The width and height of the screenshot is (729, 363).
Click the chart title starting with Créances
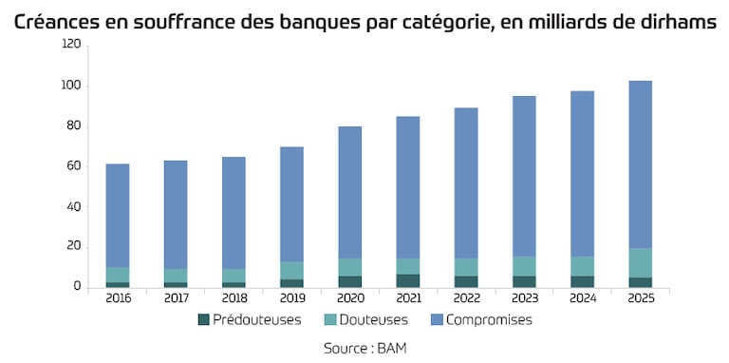pyautogui.click(x=364, y=22)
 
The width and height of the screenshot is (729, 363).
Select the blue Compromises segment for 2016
pyautogui.click(x=118, y=216)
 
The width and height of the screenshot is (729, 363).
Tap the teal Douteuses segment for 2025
pyautogui.click(x=640, y=263)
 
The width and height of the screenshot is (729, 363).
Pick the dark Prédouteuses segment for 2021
pyautogui.click(x=408, y=281)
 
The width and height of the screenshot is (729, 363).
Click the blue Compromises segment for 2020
pyautogui.click(x=349, y=193)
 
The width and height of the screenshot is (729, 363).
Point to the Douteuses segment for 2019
pyautogui.click(x=291, y=271)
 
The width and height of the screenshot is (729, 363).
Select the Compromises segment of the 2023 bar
pyautogui.click(x=524, y=177)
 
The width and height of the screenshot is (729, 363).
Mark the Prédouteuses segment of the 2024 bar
pyautogui.click(x=582, y=282)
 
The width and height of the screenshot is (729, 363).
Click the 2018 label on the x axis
pyautogui.click(x=234, y=298)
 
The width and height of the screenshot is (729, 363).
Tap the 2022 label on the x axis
pyautogui.click(x=466, y=298)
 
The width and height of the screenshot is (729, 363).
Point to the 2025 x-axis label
pyautogui.click(x=640, y=298)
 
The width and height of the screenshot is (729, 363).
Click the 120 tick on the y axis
pyautogui.click(x=71, y=45)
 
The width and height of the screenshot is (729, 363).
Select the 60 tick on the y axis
pyautogui.click(x=74, y=166)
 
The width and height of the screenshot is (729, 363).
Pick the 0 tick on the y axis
pyautogui.click(x=78, y=287)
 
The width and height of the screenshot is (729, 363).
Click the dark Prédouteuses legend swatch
pyautogui.click(x=203, y=320)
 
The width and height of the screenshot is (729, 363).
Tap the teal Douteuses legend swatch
pyautogui.click(x=329, y=320)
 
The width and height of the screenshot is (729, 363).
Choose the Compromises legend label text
pyautogui.click(x=489, y=320)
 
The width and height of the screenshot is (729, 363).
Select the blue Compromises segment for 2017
pyautogui.click(x=176, y=215)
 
